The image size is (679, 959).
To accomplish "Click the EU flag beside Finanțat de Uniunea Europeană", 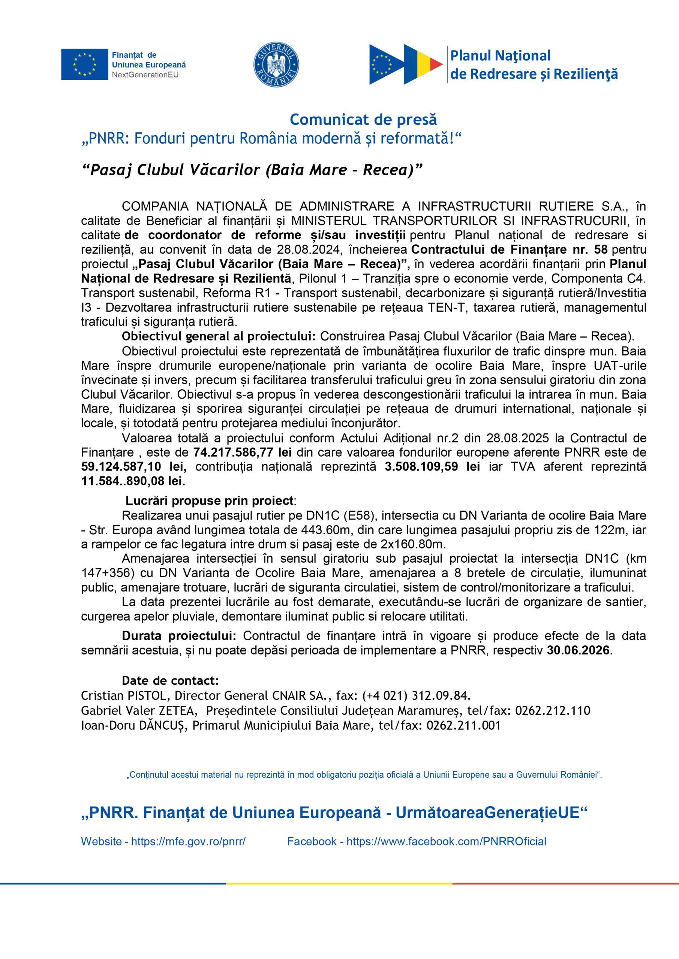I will point(84,64).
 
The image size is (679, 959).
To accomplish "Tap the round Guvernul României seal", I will point(276,64).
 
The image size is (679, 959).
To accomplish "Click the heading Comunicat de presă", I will point(363,120).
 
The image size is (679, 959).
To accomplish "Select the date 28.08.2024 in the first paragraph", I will point(309,250).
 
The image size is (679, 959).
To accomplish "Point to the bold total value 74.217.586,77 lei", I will point(243,453).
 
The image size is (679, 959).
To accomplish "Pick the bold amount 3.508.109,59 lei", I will point(432,466).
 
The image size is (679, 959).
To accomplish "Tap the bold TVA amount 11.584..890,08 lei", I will point(133,481).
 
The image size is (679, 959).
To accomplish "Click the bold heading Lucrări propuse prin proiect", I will point(210,501).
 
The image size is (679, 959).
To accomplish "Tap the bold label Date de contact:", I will point(170,680).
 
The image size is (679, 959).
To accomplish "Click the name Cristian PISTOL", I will point(126,695).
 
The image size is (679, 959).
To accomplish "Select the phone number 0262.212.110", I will point(552,711).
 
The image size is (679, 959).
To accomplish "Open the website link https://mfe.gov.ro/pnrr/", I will point(188,841).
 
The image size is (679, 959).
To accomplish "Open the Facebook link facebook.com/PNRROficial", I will point(446,841).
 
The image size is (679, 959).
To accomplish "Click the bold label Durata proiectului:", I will point(179,636).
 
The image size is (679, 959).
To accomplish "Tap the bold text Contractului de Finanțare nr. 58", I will point(509,250).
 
